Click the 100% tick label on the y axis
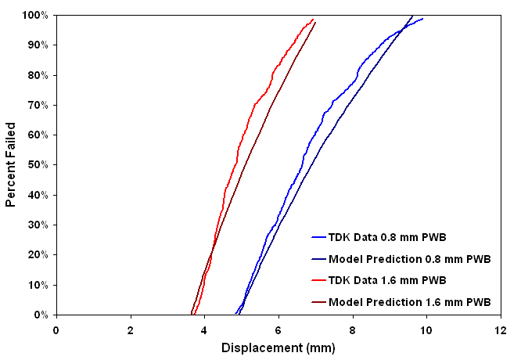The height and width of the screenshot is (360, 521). [x=37, y=16]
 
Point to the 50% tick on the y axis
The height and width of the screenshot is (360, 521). [x=40, y=165]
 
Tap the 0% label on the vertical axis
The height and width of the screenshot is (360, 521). [x=43, y=315]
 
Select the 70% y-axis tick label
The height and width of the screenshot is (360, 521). [x=40, y=105]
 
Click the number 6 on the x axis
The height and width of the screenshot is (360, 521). [x=278, y=329]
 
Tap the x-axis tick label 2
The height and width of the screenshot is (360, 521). [x=131, y=329]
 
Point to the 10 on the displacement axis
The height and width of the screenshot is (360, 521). [x=426, y=329]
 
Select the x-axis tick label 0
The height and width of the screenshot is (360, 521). [x=56, y=329]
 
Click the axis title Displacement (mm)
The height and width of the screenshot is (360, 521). [x=278, y=347]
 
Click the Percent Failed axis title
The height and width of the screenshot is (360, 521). [x=11, y=164]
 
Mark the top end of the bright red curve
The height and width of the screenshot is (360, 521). [x=313, y=20]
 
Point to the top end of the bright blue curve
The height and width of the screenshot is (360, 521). [x=423, y=19]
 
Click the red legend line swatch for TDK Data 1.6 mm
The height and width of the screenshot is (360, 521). [x=318, y=280]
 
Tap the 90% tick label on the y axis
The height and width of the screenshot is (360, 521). [x=40, y=45]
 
